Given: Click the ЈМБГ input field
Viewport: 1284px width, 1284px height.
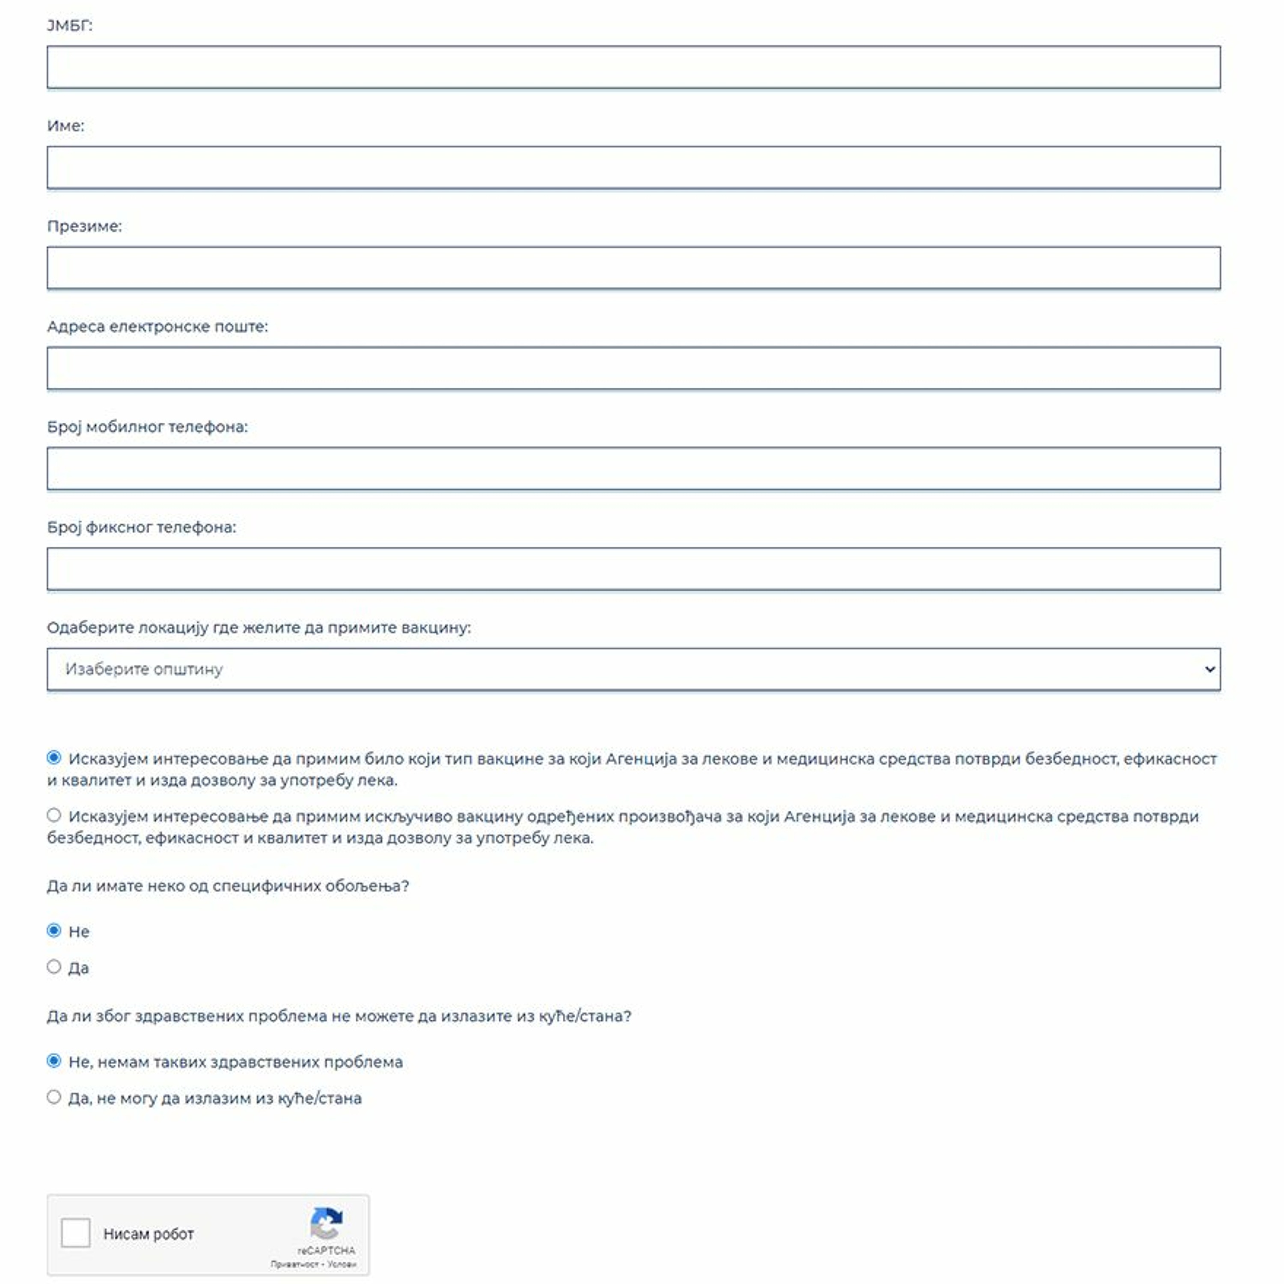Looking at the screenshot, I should point(633,67).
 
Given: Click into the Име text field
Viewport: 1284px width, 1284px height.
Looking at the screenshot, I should point(633,167).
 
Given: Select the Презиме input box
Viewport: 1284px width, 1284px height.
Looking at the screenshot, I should point(633,268).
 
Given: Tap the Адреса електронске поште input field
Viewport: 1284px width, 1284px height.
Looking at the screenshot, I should point(633,368).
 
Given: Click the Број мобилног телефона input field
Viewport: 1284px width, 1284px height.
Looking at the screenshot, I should point(633,469).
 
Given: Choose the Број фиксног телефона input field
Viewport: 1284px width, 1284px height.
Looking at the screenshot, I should point(633,569).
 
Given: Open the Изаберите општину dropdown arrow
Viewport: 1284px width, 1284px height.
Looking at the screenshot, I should point(1210,669).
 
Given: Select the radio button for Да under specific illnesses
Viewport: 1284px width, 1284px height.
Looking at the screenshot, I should point(54,967).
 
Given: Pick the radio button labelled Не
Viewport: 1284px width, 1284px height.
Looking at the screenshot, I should point(54,930).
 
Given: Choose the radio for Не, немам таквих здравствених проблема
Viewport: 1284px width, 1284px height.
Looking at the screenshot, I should point(54,1061).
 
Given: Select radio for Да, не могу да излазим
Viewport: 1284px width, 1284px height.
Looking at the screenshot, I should point(54,1097).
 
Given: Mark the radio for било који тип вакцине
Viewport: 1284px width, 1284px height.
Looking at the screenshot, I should point(54,758).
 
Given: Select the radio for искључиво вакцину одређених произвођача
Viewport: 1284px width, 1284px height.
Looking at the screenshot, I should point(54,815).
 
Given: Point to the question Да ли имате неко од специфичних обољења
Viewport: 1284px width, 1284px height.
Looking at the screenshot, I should point(228,886).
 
